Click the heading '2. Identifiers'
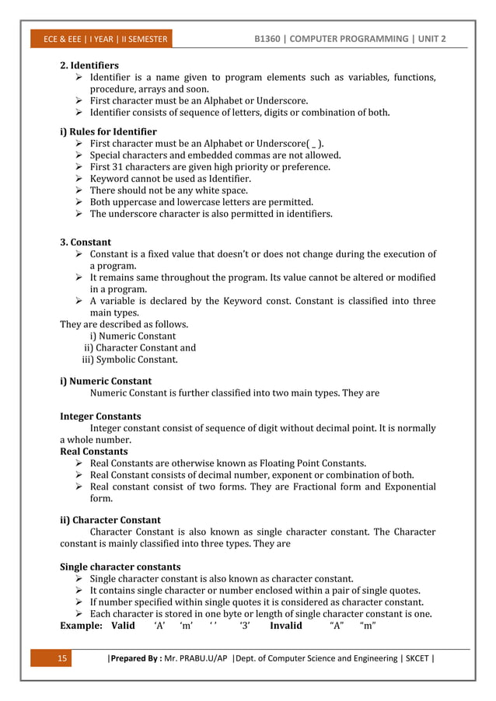[89, 65]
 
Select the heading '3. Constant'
[86, 242]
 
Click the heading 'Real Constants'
[94, 452]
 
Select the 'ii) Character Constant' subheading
[110, 520]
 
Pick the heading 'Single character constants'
[120, 567]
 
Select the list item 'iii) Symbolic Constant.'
[130, 360]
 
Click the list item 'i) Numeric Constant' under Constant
[132, 337]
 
